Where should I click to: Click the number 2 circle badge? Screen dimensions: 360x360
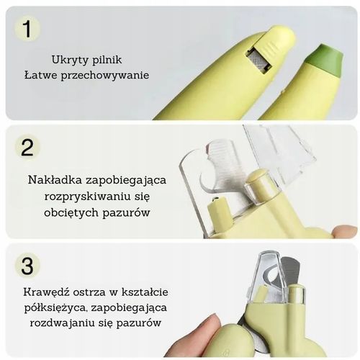pos(27,147)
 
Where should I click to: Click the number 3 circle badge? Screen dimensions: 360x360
pos(27,265)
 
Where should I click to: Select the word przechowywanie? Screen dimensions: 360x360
pos(110,75)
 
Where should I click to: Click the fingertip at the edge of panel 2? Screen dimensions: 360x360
pos(346,231)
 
